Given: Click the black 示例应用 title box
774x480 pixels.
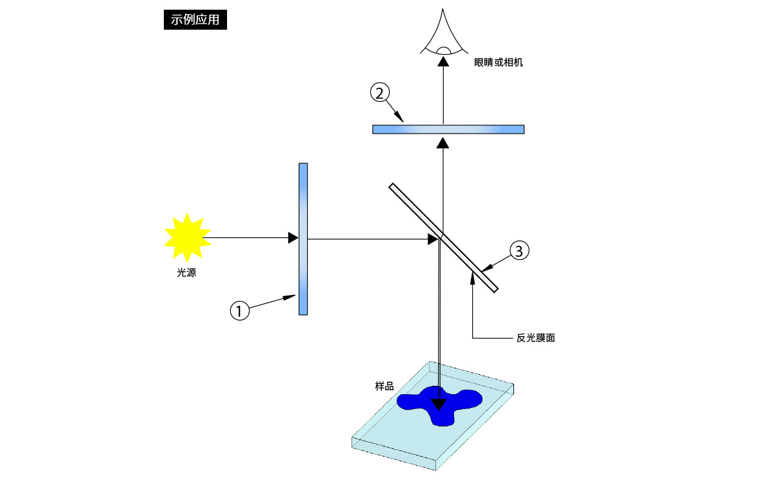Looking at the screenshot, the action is click(x=195, y=20).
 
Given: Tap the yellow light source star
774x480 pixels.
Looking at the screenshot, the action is click(x=187, y=238).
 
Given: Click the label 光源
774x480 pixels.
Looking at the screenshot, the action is click(x=186, y=273).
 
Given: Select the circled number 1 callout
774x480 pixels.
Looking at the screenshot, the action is click(x=239, y=310).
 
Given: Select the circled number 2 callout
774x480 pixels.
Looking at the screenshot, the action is click(x=380, y=93).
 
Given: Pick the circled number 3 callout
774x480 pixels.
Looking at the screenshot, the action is click(x=519, y=250).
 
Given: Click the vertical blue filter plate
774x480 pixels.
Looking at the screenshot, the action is click(x=303, y=239).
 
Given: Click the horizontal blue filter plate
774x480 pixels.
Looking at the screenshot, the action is click(x=448, y=129).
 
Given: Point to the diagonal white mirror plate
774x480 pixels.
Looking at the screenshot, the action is click(x=443, y=238).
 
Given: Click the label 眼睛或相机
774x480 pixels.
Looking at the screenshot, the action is click(x=498, y=63).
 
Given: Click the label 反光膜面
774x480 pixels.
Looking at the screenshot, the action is click(x=535, y=338).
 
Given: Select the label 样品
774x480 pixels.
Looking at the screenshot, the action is click(x=384, y=386).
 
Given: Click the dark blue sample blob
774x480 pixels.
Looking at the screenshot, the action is click(x=439, y=405).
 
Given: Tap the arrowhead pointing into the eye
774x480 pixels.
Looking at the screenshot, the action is click(x=443, y=61).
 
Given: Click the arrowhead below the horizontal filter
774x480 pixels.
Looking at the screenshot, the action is click(x=442, y=143).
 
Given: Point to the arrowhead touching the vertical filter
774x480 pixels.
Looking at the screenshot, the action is click(x=293, y=238).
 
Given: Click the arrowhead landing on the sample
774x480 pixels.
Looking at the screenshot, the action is click(x=439, y=405).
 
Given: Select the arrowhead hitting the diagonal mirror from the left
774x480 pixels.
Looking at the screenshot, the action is click(x=433, y=239).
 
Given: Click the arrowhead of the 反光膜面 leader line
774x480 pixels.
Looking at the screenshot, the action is click(x=472, y=278).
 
